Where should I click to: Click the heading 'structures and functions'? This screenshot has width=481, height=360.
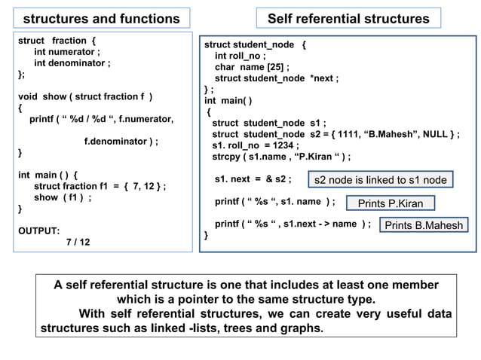coord(102,18)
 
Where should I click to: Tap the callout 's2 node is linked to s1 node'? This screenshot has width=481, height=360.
coord(381,180)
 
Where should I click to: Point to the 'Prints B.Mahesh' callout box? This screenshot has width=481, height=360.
coord(423,225)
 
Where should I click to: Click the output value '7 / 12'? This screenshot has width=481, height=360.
coord(78,243)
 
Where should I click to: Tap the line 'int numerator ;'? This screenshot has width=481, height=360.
coord(67,52)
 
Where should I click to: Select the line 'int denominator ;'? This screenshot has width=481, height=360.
coord(73,63)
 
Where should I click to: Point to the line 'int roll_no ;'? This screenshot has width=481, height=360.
coord(240,56)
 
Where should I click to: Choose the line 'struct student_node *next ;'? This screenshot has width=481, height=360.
coord(277,78)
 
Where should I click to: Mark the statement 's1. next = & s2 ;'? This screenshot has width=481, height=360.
coord(253,180)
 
